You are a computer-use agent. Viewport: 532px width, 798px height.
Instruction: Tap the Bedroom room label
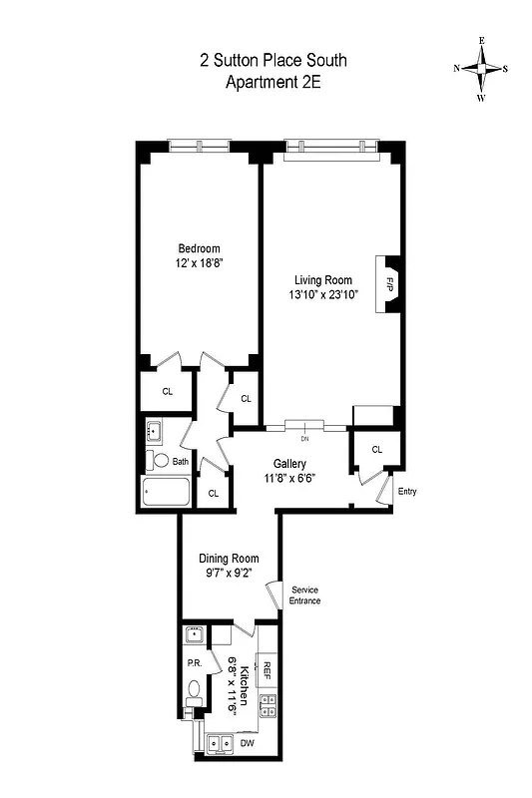point(199,248)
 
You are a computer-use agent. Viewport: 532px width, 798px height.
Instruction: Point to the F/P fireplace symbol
point(386,285)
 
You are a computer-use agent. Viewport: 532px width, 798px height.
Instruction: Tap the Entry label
point(407,492)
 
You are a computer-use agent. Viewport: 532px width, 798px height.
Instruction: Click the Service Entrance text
point(304,596)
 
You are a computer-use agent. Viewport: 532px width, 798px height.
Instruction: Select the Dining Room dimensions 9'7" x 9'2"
point(229,574)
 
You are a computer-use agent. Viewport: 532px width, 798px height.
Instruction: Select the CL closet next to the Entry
point(376,450)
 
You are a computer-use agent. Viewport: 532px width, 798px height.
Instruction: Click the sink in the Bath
point(156,432)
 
